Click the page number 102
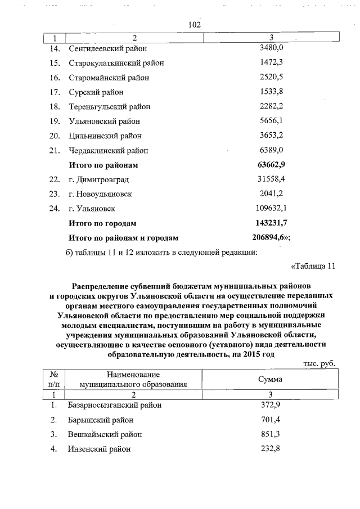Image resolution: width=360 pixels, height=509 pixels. tap(195, 25)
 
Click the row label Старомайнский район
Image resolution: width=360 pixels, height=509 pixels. tap(109, 78)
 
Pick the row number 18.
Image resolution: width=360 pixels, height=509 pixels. tap(55, 107)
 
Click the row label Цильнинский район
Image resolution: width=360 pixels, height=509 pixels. tap(105, 136)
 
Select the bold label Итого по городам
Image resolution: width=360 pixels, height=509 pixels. tap(102, 224)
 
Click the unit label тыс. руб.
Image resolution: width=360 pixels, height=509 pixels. tap(319, 364)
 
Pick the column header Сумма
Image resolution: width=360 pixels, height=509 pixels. tap(271, 380)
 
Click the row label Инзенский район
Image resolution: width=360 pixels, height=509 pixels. tap(100, 449)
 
